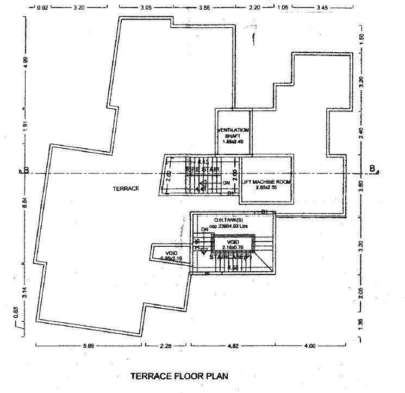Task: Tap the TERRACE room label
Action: pyautogui.click(x=126, y=189)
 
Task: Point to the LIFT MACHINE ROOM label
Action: pyautogui.click(x=267, y=181)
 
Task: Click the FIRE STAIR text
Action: pyautogui.click(x=203, y=170)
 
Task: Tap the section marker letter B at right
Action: pyautogui.click(x=372, y=169)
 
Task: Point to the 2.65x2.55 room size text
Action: pyautogui.click(x=266, y=187)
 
